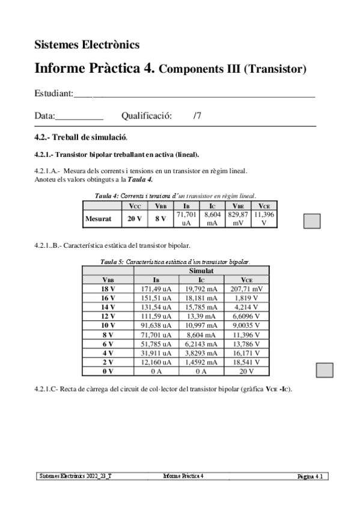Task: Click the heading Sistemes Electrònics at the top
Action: [x=87, y=44]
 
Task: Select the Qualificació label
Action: [x=147, y=115]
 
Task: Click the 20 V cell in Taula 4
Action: [x=135, y=219]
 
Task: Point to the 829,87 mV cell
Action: [x=238, y=219]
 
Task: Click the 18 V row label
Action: [x=108, y=289]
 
